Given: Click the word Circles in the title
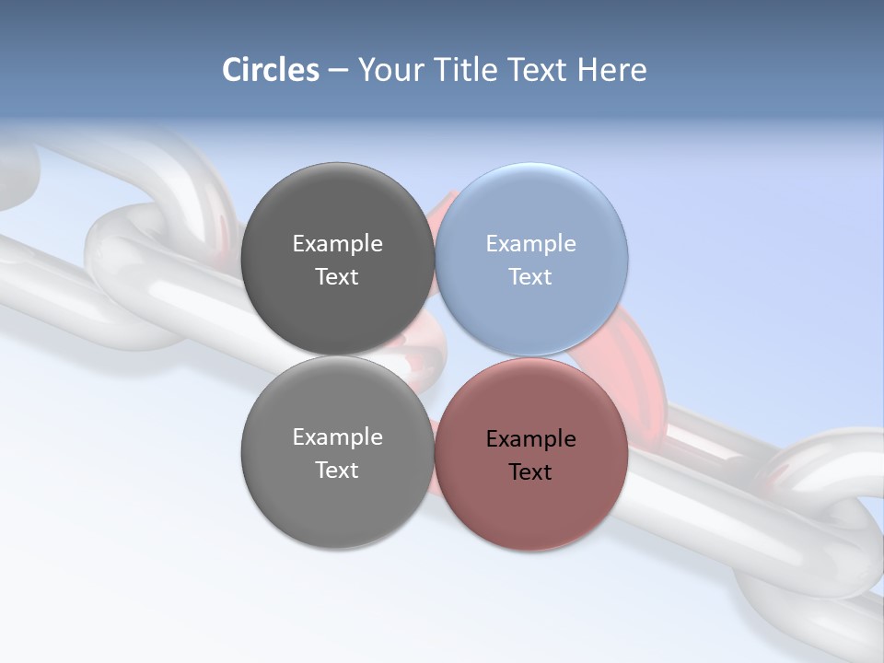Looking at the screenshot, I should pyautogui.click(x=270, y=70).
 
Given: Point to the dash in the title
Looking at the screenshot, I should pyautogui.click(x=338, y=71).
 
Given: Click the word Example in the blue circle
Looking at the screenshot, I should pyautogui.click(x=530, y=244).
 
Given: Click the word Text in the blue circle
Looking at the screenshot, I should pyautogui.click(x=530, y=277).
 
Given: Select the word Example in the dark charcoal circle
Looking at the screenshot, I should pyautogui.click(x=337, y=244).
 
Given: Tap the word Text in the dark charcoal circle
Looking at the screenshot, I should pyautogui.click(x=337, y=277).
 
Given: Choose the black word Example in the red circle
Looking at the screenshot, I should pyautogui.click(x=530, y=439).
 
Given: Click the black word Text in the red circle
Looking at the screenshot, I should pyautogui.click(x=530, y=472).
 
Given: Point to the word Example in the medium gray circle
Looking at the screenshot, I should pyautogui.click(x=337, y=437).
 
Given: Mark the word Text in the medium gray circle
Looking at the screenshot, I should pyautogui.click(x=337, y=471).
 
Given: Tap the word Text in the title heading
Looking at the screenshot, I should pyautogui.click(x=539, y=70).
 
